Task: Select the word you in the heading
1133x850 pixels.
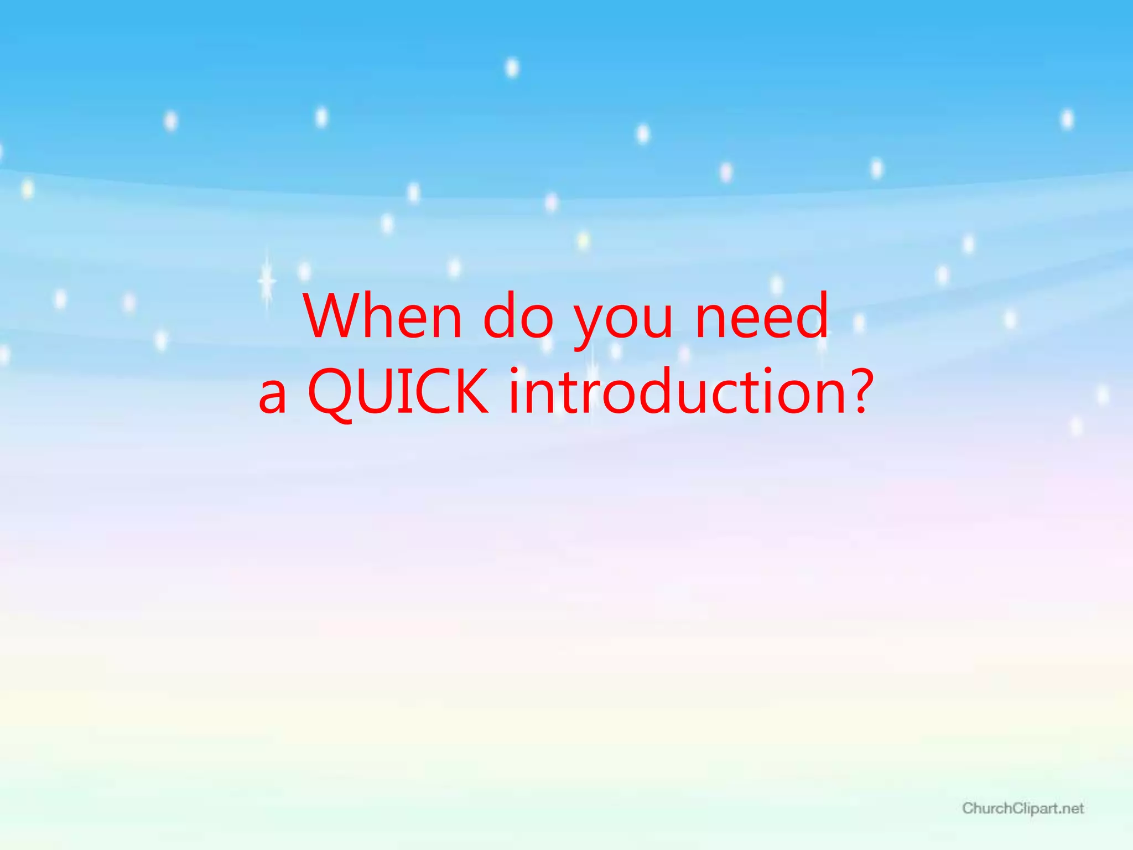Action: (623, 321)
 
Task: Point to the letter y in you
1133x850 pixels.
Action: (590, 324)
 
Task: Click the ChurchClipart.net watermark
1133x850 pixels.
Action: (1023, 808)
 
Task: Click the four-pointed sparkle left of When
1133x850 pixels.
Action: (267, 281)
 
